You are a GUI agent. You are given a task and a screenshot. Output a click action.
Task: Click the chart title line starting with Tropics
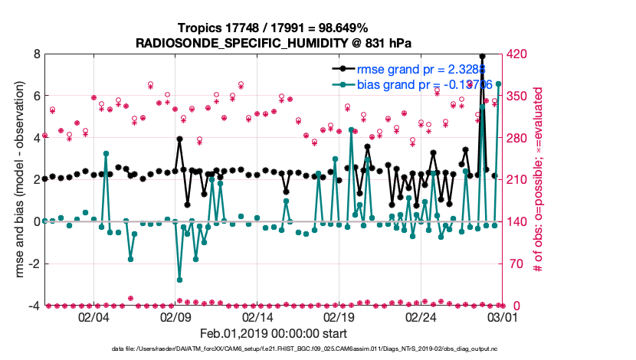click(x=273, y=28)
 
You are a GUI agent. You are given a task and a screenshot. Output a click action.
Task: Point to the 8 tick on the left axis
click(x=36, y=54)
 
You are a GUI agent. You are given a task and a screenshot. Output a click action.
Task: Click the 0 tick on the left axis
click(x=36, y=221)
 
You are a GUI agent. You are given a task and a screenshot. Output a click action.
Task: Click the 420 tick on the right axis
click(x=517, y=54)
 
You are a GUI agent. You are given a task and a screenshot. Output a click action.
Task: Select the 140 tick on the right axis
click(x=517, y=221)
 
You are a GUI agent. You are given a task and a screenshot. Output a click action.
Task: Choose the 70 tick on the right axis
click(x=515, y=263)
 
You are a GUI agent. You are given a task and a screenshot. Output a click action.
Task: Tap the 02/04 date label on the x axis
click(x=93, y=317)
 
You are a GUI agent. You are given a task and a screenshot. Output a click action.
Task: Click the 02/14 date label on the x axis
click(x=257, y=317)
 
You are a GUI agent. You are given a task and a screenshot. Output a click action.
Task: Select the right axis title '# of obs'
click(x=539, y=180)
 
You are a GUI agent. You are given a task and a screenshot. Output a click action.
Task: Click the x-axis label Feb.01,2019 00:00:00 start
click(x=273, y=334)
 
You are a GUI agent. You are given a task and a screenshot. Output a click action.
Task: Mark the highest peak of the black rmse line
click(x=482, y=56)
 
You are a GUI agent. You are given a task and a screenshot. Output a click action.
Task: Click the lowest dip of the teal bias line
click(x=179, y=280)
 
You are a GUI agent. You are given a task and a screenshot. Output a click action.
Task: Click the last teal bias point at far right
click(x=499, y=83)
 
